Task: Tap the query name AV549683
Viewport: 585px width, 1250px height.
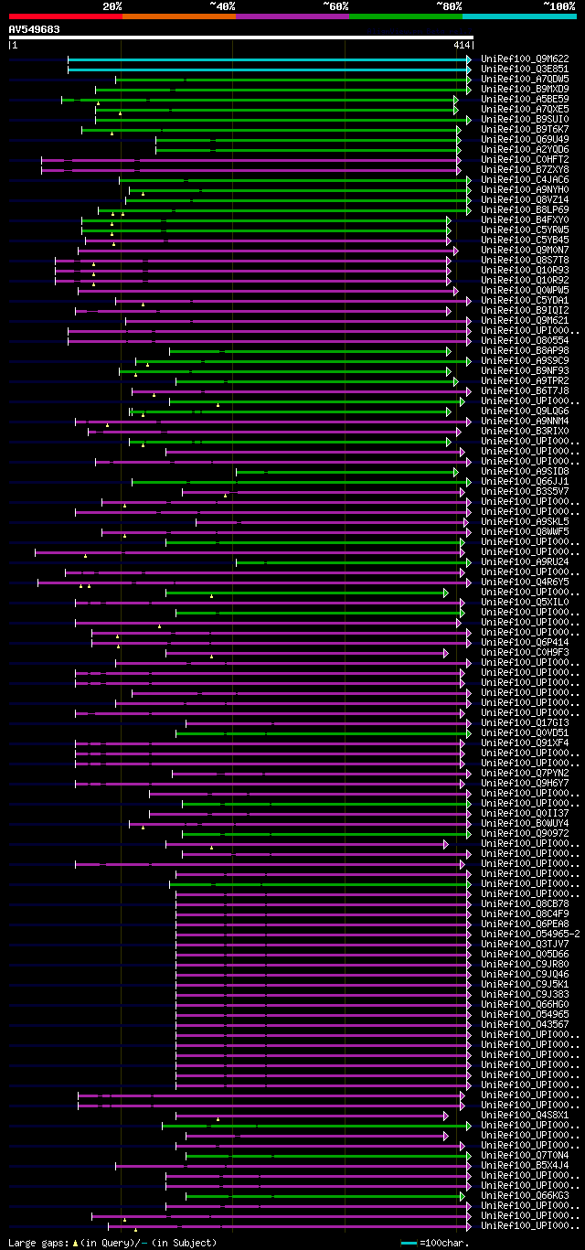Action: (35, 29)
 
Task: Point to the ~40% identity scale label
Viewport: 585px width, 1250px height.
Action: (222, 6)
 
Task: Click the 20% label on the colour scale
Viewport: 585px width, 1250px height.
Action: (112, 6)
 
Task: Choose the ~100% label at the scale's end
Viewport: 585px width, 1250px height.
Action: (558, 6)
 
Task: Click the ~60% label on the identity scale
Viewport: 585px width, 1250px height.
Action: (335, 6)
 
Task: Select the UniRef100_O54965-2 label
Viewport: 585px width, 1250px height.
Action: (530, 934)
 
